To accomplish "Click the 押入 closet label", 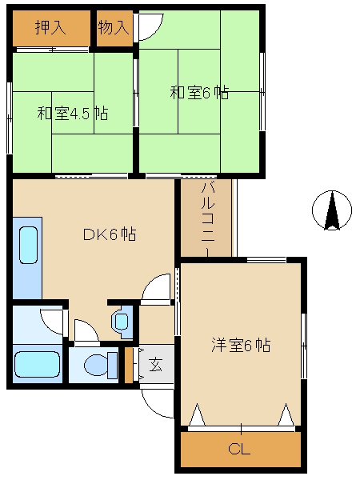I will coord(50,27).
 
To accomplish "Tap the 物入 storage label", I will coord(114,27).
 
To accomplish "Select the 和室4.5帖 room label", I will coord(72,113).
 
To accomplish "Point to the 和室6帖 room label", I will coord(199,92).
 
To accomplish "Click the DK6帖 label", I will coord(110,234).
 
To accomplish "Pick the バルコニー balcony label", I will coord(206,218).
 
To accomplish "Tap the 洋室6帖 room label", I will coord(241,346).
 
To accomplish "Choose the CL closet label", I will coord(240,449).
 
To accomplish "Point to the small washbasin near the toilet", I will coord(121,322).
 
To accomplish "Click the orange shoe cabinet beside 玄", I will coord(128,365).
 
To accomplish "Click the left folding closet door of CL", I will coord(198,415).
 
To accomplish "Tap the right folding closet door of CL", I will coord(285,415).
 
